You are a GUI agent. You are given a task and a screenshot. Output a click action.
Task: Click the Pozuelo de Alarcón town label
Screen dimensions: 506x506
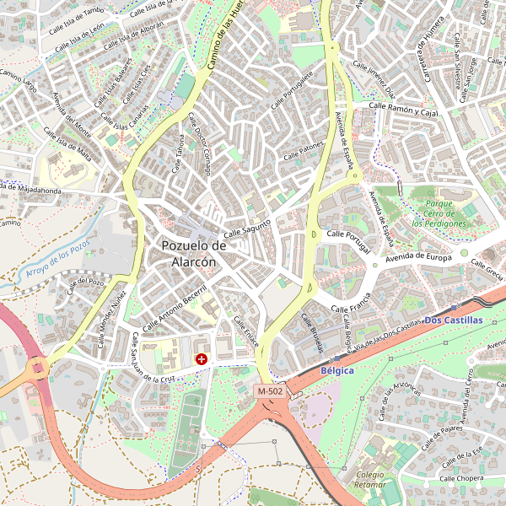194,253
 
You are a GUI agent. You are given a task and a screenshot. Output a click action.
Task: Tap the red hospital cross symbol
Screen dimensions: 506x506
202,359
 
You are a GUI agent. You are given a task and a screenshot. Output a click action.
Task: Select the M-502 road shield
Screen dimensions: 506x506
271,391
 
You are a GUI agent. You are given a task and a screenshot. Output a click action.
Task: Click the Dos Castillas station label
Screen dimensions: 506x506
454,320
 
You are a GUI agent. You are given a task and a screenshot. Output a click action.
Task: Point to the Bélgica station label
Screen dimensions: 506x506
337,370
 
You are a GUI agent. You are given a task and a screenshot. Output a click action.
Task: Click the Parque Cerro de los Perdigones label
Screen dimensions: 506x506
439,214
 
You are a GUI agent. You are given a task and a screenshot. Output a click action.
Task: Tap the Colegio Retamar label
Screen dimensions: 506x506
370,480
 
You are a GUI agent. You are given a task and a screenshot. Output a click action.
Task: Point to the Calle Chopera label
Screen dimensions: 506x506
460,477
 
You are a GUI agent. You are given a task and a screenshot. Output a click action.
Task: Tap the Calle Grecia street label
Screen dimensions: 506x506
487,272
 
